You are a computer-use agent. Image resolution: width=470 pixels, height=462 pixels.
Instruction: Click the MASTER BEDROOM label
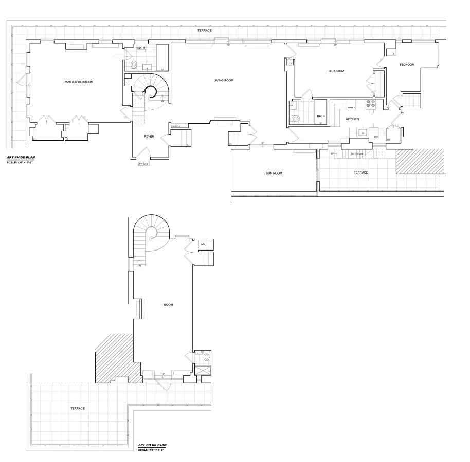[x=79, y=82]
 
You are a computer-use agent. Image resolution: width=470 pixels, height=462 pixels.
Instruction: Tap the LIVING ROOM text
[x=224, y=80]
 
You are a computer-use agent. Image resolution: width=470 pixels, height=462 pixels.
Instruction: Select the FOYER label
[x=149, y=136]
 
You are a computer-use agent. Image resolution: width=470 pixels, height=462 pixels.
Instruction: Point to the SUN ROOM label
[x=274, y=173]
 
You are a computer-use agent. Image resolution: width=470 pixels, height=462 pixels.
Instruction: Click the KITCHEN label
[x=352, y=119]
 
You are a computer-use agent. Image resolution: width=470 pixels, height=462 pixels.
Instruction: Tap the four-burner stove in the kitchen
[x=371, y=104]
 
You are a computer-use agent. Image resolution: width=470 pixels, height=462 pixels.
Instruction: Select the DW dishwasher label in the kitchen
[x=376, y=137]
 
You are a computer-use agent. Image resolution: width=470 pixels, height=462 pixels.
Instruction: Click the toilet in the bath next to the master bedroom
[x=134, y=65]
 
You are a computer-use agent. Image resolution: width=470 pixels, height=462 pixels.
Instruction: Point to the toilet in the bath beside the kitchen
[x=296, y=119]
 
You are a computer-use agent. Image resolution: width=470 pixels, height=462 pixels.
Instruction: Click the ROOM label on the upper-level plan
[x=168, y=305]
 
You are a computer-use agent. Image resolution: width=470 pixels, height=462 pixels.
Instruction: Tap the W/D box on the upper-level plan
[x=203, y=244]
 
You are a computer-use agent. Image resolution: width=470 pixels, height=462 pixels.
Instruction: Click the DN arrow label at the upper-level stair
[x=139, y=265]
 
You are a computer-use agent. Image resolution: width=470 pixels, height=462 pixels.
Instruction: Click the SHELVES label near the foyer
[x=175, y=126]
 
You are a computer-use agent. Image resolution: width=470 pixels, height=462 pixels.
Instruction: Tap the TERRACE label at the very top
[x=205, y=31]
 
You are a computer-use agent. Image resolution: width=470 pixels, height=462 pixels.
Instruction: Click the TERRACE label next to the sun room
[x=361, y=172]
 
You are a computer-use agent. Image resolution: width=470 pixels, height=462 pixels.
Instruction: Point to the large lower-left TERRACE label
[x=78, y=408]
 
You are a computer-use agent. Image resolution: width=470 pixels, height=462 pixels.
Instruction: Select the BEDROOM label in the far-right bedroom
[x=407, y=64]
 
